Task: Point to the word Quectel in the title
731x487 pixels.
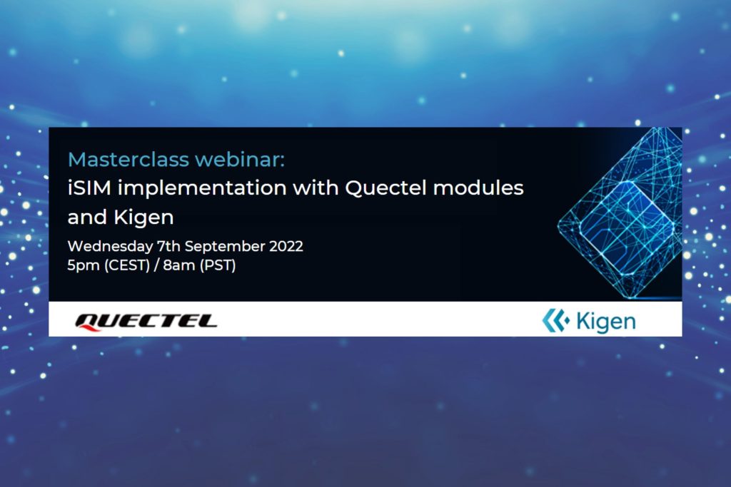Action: pyautogui.click(x=378, y=188)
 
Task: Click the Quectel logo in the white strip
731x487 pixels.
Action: pyautogui.click(x=146, y=321)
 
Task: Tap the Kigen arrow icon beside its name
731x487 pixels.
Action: pyautogui.click(x=555, y=321)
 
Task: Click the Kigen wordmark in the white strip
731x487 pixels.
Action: pyautogui.click(x=604, y=322)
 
